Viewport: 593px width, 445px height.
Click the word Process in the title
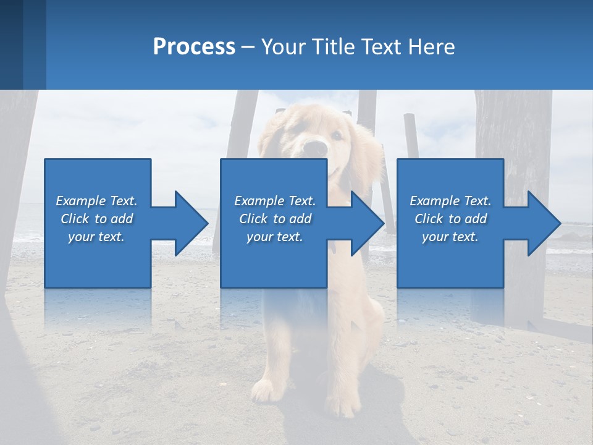point(194,47)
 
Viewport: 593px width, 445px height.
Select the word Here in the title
point(431,47)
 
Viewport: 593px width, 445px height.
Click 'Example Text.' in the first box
point(96,201)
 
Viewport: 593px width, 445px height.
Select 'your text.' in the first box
point(96,237)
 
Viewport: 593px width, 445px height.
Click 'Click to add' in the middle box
point(275,219)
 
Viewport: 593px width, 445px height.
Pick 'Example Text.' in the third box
point(450,201)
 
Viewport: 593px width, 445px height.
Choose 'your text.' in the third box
point(450,237)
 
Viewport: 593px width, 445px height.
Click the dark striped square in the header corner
point(23,44)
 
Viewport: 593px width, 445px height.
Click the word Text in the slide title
point(380,47)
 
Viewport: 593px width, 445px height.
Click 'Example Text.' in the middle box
point(275,201)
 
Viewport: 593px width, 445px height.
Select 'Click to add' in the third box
point(450,219)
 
